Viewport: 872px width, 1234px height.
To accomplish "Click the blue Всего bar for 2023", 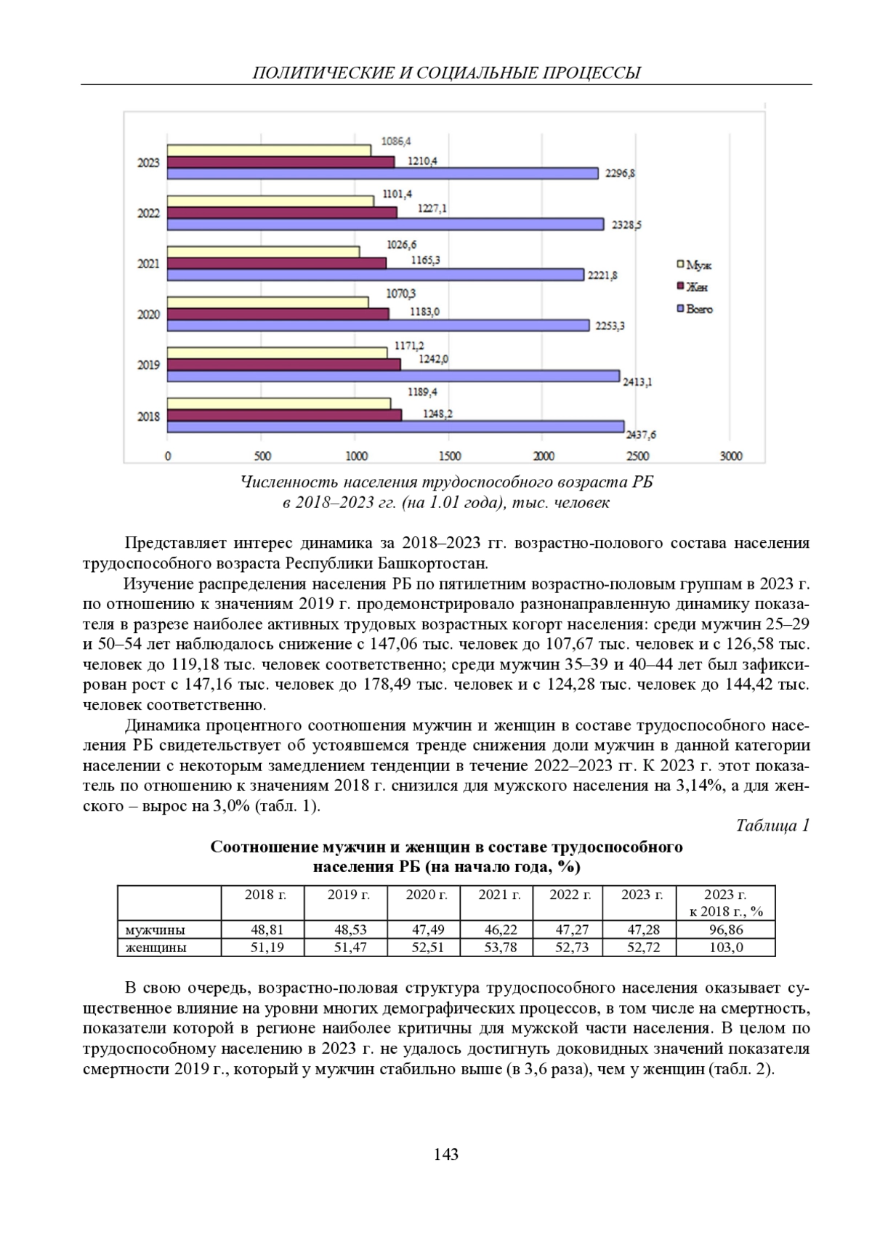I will (x=383, y=173).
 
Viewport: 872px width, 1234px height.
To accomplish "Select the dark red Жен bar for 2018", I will (x=284, y=415).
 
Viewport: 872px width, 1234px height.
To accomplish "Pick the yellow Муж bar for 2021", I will (x=263, y=251).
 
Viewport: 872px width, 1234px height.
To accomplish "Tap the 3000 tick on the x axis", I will (x=730, y=456).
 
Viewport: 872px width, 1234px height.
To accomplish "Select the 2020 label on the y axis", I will (x=148, y=315).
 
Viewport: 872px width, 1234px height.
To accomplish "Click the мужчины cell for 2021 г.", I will (x=498, y=929).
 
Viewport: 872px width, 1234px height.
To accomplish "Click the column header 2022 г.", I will (x=570, y=895).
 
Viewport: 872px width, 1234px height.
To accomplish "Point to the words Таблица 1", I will (x=772, y=826).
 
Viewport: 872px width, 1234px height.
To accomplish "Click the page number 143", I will (x=446, y=1154).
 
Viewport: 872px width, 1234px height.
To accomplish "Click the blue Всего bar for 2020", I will (x=378, y=325).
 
